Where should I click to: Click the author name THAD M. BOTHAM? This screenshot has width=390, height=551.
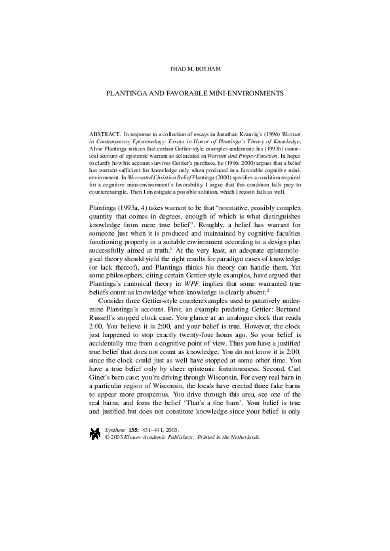[195, 68]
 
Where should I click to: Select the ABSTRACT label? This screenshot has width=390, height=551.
[103, 132]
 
